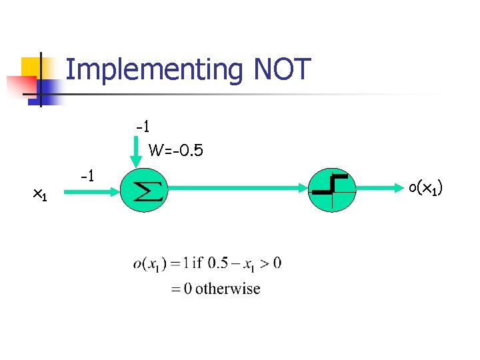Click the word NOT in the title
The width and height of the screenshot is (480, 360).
pos(283,69)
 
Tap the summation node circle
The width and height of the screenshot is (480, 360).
pos(143,190)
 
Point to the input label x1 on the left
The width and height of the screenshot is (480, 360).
pos(40,194)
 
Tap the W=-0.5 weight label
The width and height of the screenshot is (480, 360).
pos(176,151)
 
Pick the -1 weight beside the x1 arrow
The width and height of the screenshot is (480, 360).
pos(86,177)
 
